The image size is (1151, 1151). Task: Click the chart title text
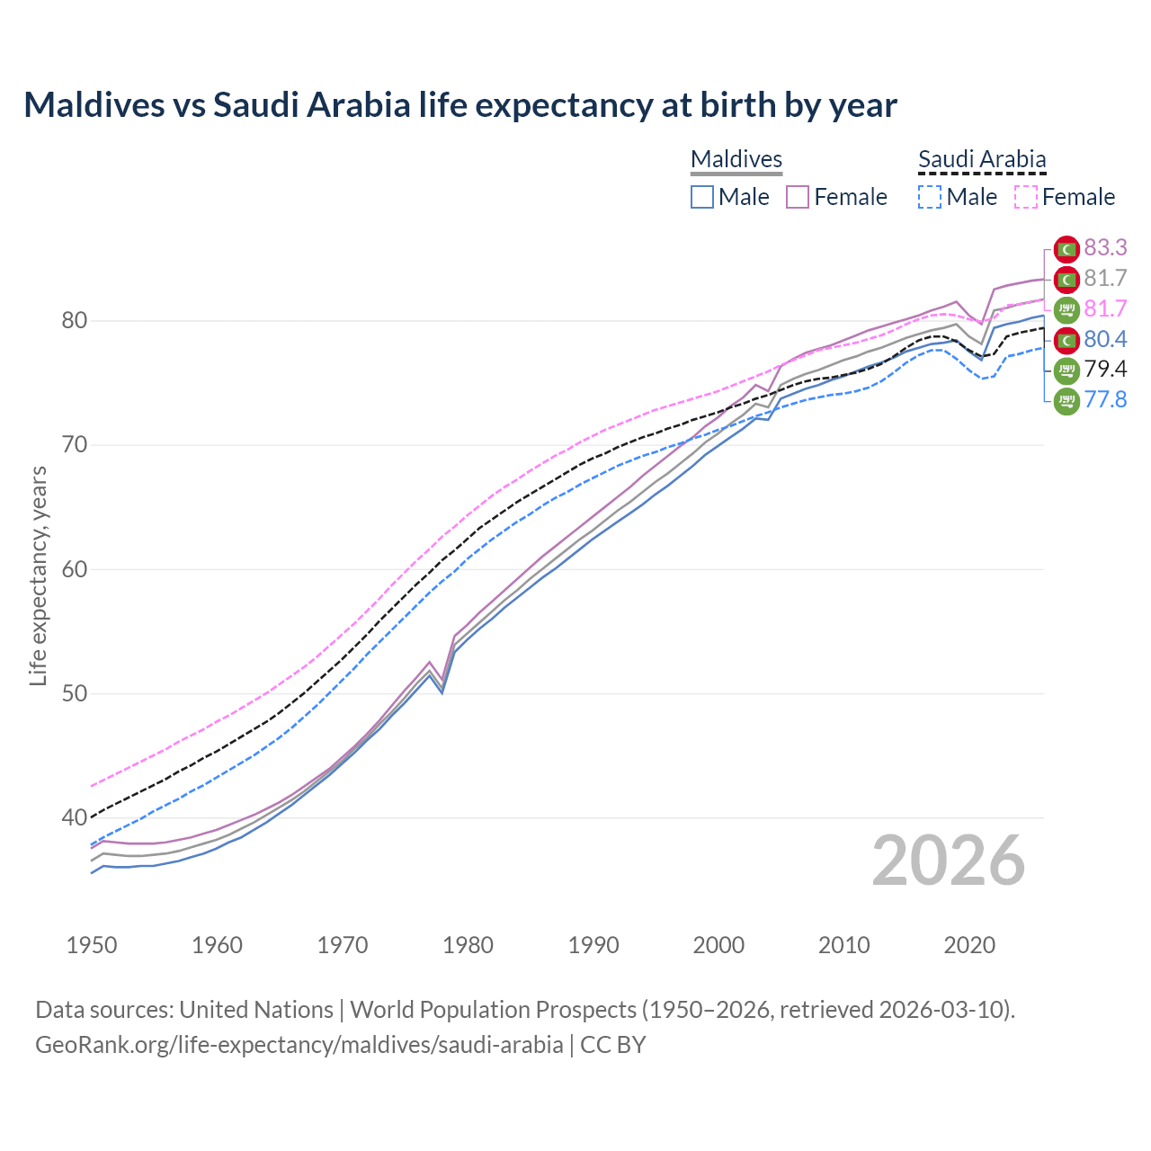pos(460,105)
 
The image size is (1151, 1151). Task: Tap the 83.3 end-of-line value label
pos(1105,247)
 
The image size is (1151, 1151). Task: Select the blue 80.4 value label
pos(1105,339)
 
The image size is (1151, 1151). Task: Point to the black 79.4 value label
pos(1105,369)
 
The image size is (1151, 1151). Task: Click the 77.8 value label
pos(1105,399)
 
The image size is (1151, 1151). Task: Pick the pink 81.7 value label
pos(1105,308)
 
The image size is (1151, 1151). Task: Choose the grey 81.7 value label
pos(1105,278)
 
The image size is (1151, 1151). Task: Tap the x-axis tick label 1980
pos(468,945)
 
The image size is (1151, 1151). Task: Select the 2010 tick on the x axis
pos(843,945)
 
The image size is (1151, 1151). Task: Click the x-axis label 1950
pos(92,945)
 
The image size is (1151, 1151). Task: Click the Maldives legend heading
pos(736,159)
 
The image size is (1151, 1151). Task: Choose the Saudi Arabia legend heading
pos(982,159)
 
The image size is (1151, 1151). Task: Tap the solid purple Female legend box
pos(798,197)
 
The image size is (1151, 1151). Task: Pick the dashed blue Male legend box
pos(930,197)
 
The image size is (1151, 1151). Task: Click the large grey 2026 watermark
pos(948,861)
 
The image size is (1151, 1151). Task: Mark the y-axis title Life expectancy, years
pos(38,575)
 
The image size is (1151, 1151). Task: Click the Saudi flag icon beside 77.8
pos(1066,400)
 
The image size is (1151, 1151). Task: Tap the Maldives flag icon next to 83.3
pos(1066,249)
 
